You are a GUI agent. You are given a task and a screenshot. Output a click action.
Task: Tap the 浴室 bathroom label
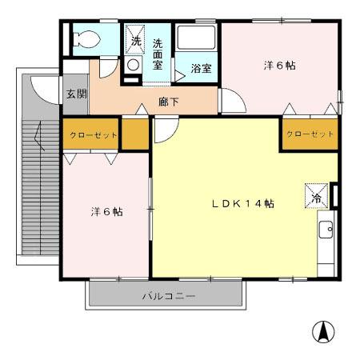coord(201,69)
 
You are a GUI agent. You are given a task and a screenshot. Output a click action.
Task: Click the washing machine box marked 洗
coord(135,40)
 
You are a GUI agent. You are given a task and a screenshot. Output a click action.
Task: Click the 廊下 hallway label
coord(169,102)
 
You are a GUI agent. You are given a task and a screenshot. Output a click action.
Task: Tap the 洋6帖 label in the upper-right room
coord(279,66)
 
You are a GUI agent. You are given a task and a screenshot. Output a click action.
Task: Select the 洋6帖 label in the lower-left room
coord(106,212)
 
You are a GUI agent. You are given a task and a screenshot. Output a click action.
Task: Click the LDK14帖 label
coord(242,204)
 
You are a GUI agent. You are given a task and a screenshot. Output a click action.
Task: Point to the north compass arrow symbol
coord(323,330)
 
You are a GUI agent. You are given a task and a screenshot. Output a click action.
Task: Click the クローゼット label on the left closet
coord(94,135)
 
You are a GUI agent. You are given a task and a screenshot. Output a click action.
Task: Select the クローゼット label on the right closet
coord(309,134)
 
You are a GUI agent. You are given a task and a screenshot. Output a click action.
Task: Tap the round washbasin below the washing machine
coord(134,66)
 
